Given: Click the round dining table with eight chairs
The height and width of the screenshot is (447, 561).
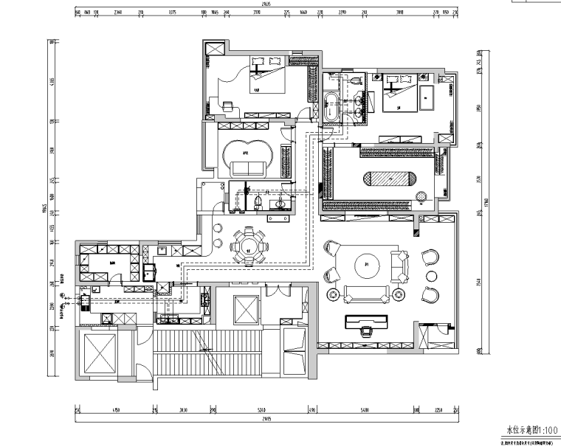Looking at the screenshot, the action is [x=249, y=246].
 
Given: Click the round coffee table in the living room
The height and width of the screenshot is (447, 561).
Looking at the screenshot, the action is [x=367, y=263].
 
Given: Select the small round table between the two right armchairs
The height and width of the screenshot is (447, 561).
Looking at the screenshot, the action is [x=431, y=275].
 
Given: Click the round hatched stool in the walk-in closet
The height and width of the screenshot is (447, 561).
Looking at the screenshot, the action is [x=421, y=197].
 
